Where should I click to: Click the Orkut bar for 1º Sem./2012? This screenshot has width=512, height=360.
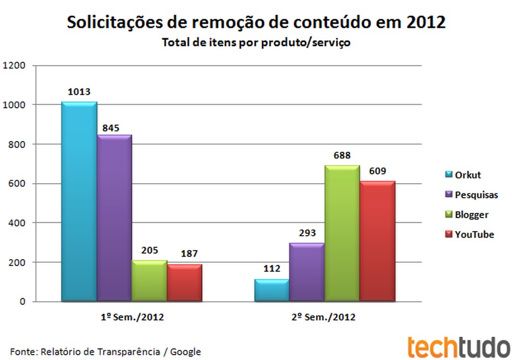[x=79, y=202]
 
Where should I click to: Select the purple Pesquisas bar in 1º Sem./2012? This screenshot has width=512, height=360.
[x=114, y=218]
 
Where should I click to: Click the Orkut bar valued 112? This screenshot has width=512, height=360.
[x=272, y=290]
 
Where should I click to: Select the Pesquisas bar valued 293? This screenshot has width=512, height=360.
[x=307, y=272]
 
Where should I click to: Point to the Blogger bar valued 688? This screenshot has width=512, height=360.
[x=342, y=233]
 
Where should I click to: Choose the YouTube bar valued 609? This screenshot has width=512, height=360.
[x=377, y=241]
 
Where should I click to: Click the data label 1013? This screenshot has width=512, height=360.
[x=79, y=92]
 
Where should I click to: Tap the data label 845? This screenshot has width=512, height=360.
[x=113, y=125]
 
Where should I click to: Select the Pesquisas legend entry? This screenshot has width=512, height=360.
[x=470, y=195]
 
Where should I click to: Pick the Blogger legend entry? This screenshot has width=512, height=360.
[x=466, y=214]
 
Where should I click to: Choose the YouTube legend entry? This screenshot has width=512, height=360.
[x=468, y=234]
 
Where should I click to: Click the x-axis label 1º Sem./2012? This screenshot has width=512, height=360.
[x=132, y=317]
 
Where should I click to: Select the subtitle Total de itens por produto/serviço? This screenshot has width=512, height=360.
[x=256, y=43]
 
